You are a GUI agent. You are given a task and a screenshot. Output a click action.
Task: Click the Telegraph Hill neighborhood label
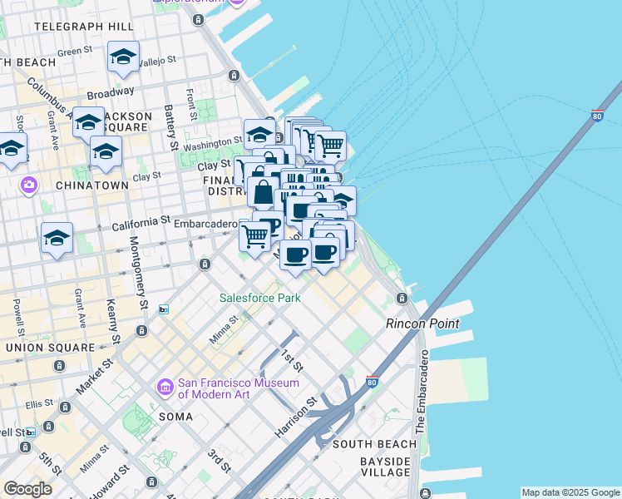(78, 27)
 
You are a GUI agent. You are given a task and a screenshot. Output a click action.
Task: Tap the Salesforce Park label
(259, 298)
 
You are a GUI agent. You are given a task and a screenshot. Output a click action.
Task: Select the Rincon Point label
(422, 324)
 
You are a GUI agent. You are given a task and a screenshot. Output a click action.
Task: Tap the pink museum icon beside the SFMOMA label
(165, 388)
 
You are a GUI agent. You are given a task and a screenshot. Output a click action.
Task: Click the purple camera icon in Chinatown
(29, 185)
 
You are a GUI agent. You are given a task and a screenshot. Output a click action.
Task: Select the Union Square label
(47, 347)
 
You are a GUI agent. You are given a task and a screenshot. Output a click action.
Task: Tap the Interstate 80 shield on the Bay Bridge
(597, 115)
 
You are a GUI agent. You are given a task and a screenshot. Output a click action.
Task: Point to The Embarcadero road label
(422, 391)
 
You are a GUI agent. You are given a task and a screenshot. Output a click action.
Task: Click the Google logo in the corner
(27, 489)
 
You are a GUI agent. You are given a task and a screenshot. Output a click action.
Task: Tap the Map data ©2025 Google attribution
(570, 492)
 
